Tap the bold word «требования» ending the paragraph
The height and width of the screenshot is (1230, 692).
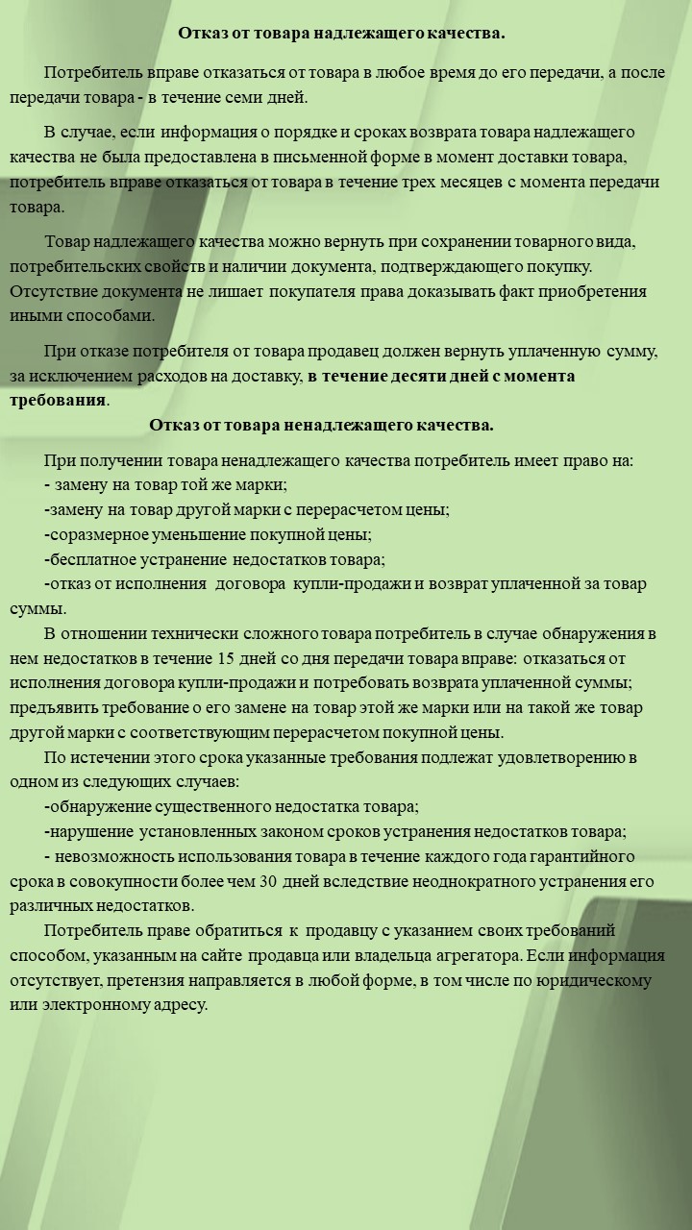(x=58, y=400)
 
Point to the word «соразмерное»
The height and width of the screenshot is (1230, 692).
(x=94, y=533)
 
